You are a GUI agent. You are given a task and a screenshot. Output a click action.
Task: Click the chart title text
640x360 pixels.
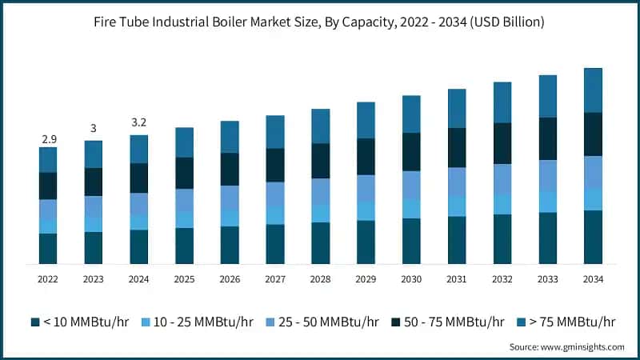pos(320,22)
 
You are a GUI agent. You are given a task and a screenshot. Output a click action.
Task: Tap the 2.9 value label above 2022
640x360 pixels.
pos(48,139)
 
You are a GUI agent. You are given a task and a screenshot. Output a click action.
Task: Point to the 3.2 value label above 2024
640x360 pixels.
pos(139,122)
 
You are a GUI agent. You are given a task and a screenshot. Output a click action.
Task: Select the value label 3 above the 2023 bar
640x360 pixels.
pos(94,129)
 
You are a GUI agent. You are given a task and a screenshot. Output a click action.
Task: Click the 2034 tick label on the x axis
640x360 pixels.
pos(593,278)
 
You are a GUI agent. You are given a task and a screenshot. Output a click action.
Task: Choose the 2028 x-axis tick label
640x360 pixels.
pos(320,278)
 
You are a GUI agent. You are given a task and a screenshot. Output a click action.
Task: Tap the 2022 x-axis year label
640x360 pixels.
pos(48,278)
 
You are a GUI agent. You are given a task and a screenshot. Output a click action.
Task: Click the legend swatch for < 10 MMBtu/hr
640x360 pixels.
pos(35,322)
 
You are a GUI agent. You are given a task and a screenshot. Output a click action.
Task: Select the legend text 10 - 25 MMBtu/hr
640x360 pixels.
pos(202,322)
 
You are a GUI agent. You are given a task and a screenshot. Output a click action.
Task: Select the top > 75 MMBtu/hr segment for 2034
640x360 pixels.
pos(593,90)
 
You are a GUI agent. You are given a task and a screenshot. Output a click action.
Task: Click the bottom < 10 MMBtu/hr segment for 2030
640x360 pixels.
pos(411,241)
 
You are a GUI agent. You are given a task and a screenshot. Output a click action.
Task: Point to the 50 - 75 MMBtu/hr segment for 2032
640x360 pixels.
pos(502,143)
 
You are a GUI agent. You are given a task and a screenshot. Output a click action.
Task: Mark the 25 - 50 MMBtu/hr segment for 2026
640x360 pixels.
pos(230,198)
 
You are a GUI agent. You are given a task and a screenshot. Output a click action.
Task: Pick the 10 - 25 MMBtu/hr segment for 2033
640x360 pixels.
pos(547,202)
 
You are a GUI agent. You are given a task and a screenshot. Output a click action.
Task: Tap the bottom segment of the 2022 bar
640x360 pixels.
pos(48,248)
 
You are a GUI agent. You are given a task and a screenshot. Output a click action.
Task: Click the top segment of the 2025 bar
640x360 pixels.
pos(184,142)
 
